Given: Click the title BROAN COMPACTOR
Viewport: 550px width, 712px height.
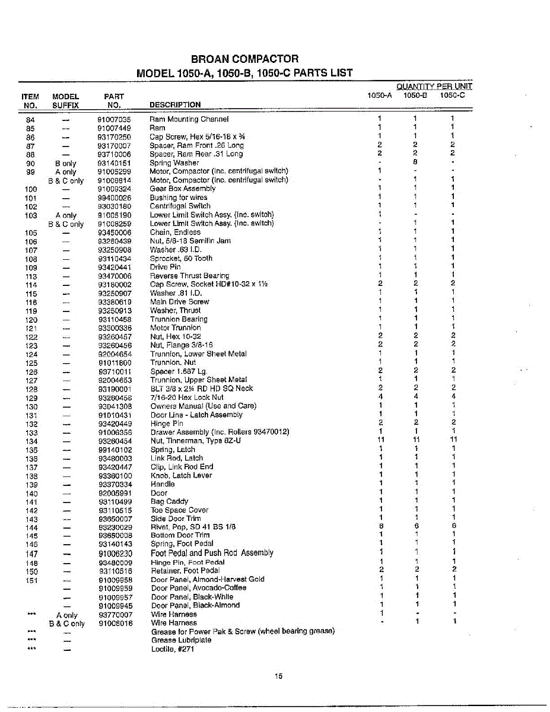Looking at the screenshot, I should (x=244, y=59).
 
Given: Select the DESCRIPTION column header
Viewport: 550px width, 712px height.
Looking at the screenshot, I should (x=175, y=105).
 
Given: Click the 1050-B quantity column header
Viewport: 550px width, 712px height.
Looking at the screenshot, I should (x=415, y=95).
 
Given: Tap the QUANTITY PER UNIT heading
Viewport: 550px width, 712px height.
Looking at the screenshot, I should (x=434, y=86).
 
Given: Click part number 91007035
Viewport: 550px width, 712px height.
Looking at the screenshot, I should (x=115, y=119).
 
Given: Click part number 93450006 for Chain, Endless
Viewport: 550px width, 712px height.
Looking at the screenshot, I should (x=115, y=233).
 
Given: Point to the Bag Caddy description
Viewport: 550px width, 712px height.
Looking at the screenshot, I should (x=169, y=502).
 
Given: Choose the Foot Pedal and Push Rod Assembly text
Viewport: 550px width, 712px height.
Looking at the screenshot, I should (x=212, y=553).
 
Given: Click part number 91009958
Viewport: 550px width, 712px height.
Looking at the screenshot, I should (x=115, y=580).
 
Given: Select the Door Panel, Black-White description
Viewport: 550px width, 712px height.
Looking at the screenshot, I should (x=192, y=597).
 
